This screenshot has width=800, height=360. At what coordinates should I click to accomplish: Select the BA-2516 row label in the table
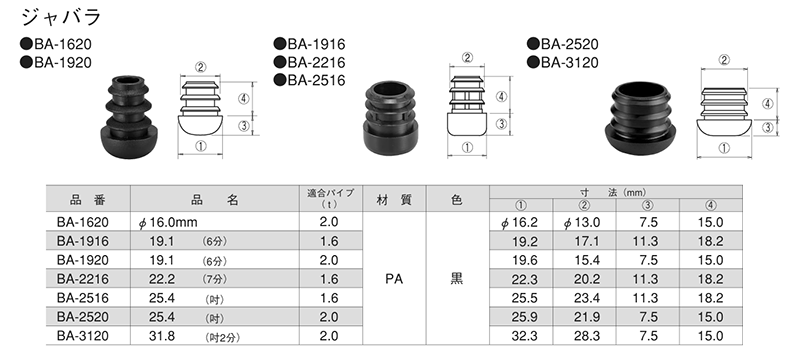(82, 298)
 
